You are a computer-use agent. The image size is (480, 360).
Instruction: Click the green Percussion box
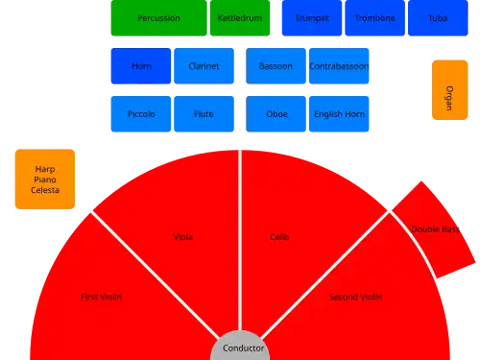(x=158, y=18)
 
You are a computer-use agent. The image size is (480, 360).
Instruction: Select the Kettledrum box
(x=240, y=18)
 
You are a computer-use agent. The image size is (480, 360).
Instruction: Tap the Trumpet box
(x=312, y=18)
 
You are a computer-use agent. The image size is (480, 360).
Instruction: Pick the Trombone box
(x=375, y=18)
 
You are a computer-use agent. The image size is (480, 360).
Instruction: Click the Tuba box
(x=438, y=18)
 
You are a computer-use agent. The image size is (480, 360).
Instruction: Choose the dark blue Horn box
(x=141, y=66)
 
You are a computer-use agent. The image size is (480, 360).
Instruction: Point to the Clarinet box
(x=204, y=66)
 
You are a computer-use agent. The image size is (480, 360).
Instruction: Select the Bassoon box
(x=276, y=66)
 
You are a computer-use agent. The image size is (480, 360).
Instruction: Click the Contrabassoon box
(x=339, y=66)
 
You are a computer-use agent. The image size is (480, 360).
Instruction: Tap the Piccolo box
(x=141, y=114)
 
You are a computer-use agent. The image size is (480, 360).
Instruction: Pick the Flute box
(x=204, y=114)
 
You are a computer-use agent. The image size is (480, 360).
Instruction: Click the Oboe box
(x=276, y=114)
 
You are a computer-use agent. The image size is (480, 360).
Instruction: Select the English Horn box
(x=339, y=114)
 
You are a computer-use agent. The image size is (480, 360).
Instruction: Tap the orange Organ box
(x=450, y=90)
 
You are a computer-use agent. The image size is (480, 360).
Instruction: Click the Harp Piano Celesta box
(x=45, y=180)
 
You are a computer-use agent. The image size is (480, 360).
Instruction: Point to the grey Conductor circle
(x=240, y=348)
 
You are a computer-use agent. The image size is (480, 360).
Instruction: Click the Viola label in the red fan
(x=183, y=237)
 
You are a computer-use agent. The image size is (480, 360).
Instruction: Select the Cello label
(x=279, y=237)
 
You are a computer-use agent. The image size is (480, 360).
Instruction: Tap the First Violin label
(x=102, y=297)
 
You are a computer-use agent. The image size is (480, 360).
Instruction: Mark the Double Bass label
(x=435, y=229)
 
